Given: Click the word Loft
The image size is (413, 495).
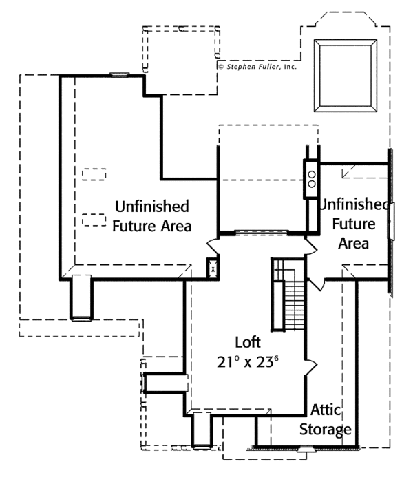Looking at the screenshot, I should point(248,342).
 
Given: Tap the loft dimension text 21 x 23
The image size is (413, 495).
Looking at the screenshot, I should point(248,362).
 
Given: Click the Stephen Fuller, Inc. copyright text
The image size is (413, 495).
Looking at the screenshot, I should point(257,67).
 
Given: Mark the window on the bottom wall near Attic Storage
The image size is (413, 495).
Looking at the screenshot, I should point(304,450).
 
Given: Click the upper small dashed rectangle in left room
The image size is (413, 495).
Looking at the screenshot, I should point(94,173).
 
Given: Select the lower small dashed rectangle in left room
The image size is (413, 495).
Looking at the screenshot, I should point(94,220).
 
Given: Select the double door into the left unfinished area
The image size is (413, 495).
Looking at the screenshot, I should point(213,245).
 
